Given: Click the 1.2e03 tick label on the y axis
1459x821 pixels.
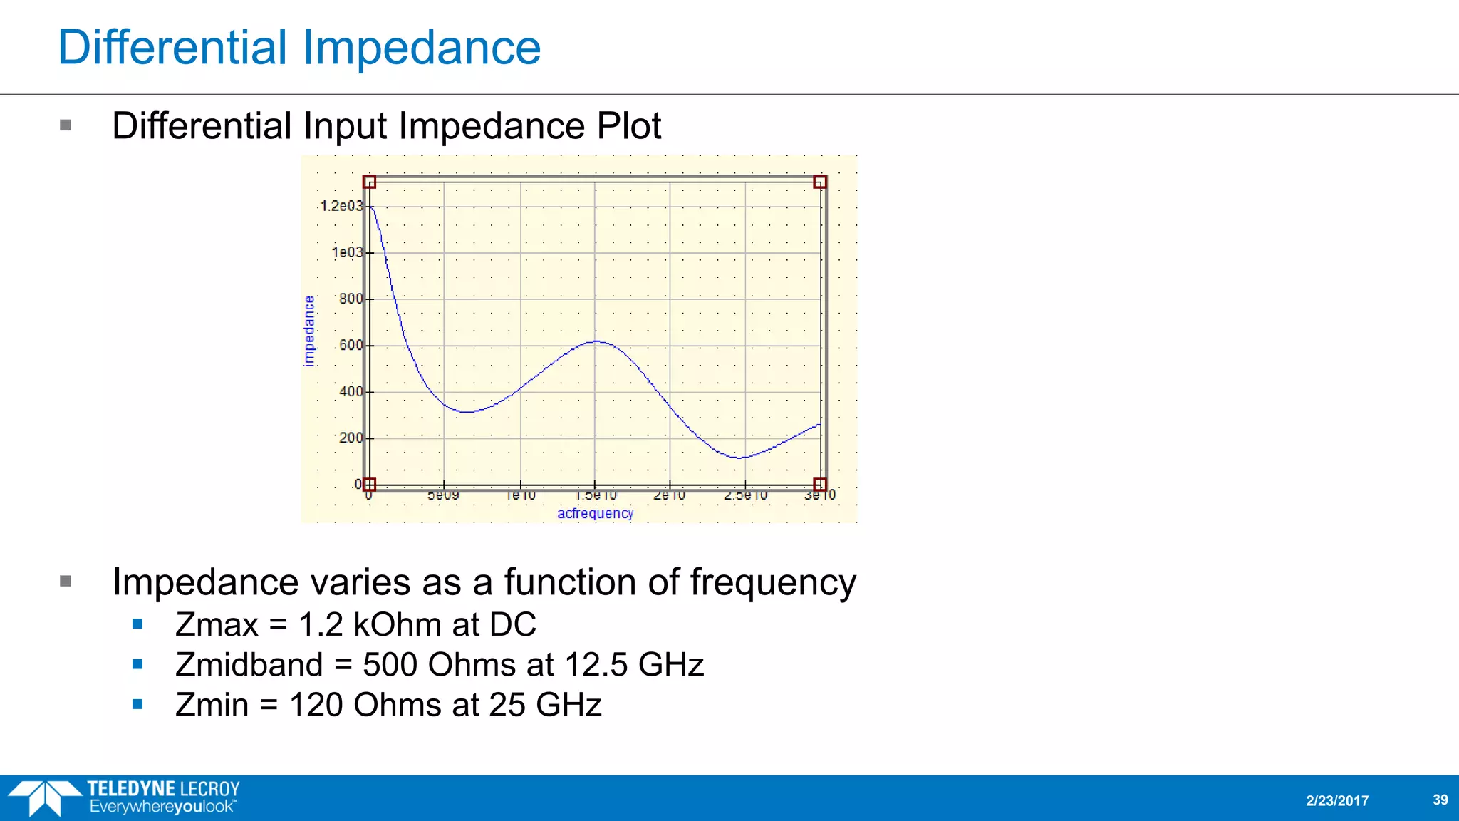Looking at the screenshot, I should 341,206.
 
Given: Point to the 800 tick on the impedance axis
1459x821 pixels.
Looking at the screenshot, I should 351,299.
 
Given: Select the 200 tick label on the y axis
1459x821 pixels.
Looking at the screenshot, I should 351,438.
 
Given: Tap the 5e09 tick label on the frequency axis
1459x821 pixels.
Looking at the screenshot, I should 443,495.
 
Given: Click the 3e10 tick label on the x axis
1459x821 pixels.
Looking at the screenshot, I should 820,495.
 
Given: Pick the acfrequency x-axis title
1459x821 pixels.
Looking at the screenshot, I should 595,513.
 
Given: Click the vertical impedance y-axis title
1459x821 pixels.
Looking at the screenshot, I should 308,331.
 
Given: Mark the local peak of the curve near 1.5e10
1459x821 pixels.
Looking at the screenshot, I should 596,341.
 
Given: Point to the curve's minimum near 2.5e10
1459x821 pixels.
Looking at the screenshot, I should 741,458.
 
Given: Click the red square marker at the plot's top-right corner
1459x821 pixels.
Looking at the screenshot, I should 820,182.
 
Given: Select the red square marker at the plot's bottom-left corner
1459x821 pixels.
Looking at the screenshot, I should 369,485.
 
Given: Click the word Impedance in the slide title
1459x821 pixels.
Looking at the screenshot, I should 422,48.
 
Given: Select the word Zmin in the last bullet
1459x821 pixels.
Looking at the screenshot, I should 212,705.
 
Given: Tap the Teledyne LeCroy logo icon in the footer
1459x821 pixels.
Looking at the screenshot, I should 44,797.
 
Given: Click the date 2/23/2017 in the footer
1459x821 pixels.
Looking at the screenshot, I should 1337,800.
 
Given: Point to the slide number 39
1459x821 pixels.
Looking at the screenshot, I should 1440,800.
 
